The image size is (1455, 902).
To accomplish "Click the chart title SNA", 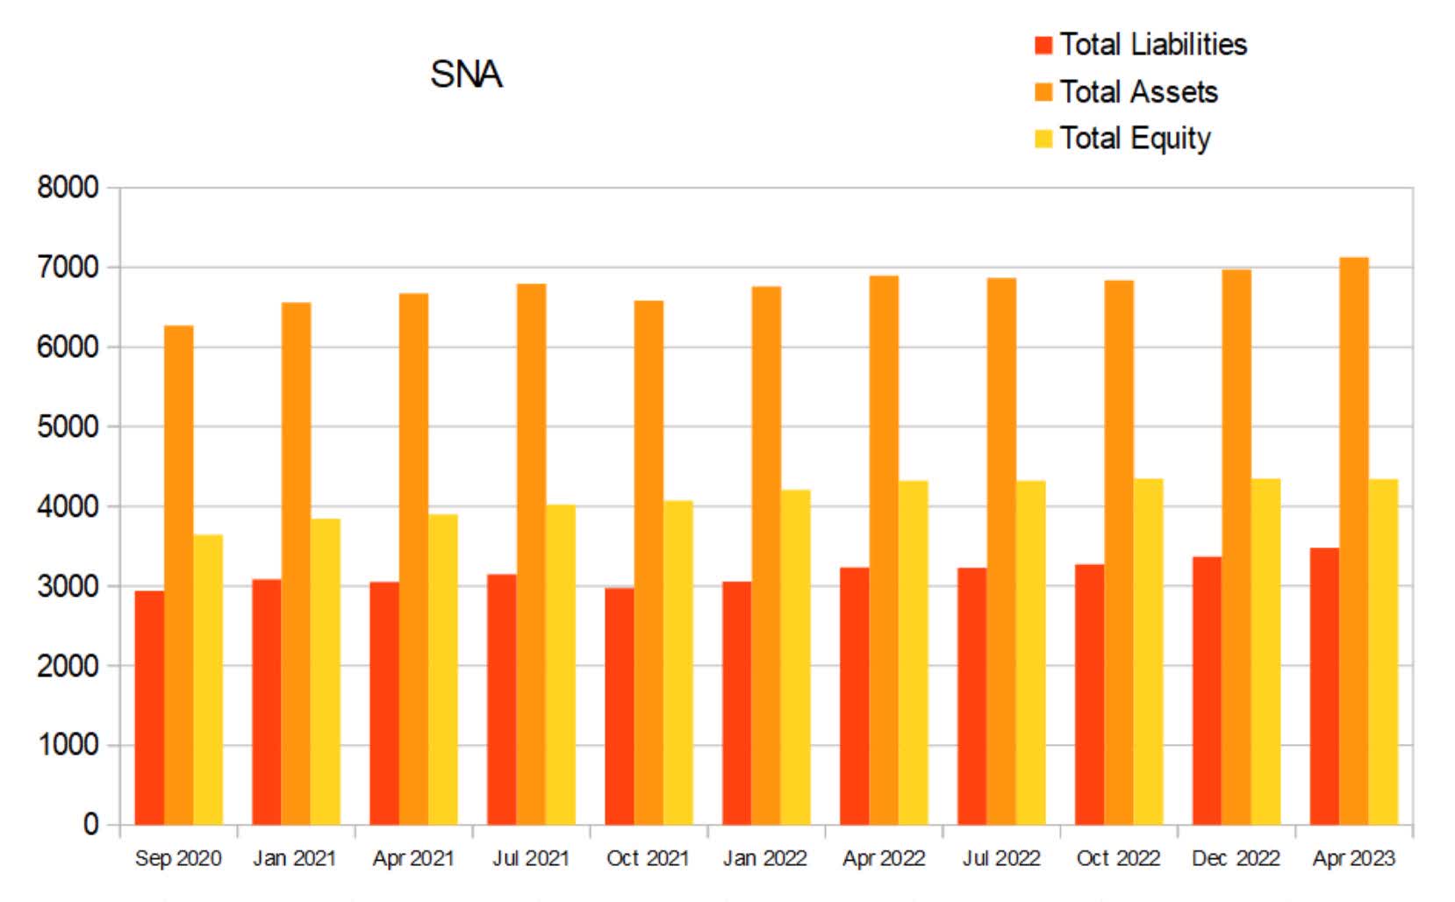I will [466, 75].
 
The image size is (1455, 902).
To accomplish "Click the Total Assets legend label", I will [1138, 92].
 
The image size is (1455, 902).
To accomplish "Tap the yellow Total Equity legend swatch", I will [1043, 139].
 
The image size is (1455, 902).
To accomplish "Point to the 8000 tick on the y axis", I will [67, 188].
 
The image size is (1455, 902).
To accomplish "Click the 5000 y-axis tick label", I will [67, 427].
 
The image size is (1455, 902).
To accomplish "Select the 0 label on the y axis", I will [90, 825].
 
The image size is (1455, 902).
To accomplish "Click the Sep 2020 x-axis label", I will [178, 858].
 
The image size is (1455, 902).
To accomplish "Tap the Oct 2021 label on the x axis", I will [648, 858].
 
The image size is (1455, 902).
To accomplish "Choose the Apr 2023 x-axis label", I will [1353, 858].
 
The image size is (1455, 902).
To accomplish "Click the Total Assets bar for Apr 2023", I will [1353, 544].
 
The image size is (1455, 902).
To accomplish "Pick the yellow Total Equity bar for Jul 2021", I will [561, 667].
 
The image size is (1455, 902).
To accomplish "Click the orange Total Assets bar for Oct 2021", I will [649, 562].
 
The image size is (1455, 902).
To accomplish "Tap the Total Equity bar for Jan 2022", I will [796, 658].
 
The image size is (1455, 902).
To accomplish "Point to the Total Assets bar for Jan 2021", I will [296, 562].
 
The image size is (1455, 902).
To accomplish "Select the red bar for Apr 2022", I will [854, 698].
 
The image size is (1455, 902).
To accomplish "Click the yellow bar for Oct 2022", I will [1148, 654].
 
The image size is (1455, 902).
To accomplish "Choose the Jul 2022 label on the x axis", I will [1000, 858].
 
